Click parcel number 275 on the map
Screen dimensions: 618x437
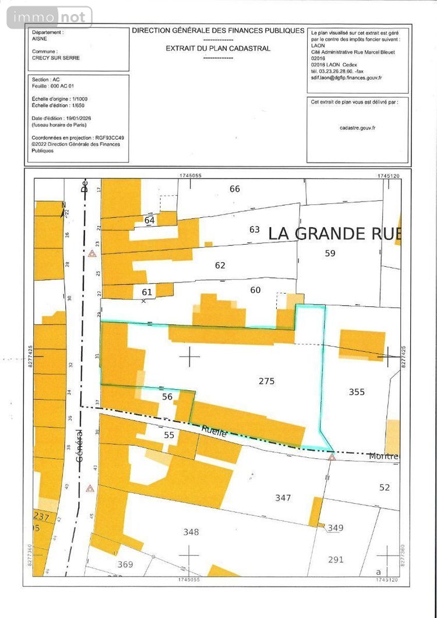(266, 381)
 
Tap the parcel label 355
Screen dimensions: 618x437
(357, 392)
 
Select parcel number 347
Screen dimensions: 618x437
(283, 497)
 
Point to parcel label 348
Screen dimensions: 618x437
(191, 532)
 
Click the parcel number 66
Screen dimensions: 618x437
(235, 189)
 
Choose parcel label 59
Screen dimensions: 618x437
(330, 253)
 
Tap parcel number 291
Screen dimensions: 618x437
(336, 560)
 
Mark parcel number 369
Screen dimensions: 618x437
(125, 564)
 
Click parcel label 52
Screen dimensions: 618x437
(384, 487)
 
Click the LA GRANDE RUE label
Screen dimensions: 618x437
(334, 234)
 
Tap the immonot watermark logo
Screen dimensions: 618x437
(50, 17)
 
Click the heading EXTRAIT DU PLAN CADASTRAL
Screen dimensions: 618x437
(218, 48)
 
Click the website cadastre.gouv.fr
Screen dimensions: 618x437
(357, 127)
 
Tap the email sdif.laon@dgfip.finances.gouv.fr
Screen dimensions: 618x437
(347, 77)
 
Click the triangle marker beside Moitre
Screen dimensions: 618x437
(332, 457)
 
